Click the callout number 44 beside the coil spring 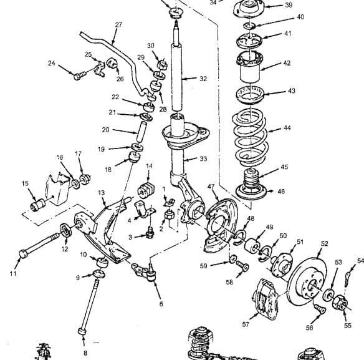[x=287, y=128]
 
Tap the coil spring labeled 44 [x=251, y=138]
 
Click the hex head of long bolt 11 [x=23, y=253]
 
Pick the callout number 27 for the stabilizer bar [x=118, y=25]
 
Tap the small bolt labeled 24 [x=80, y=75]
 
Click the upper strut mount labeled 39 [x=249, y=9]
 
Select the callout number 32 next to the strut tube [x=203, y=79]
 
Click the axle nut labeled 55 [x=340, y=302]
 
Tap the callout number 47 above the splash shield [x=211, y=187]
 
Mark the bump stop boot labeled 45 [x=251, y=178]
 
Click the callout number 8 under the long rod [x=85, y=353]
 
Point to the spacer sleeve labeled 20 [x=141, y=132]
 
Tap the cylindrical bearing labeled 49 [x=251, y=246]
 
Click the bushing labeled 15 [x=38, y=204]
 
